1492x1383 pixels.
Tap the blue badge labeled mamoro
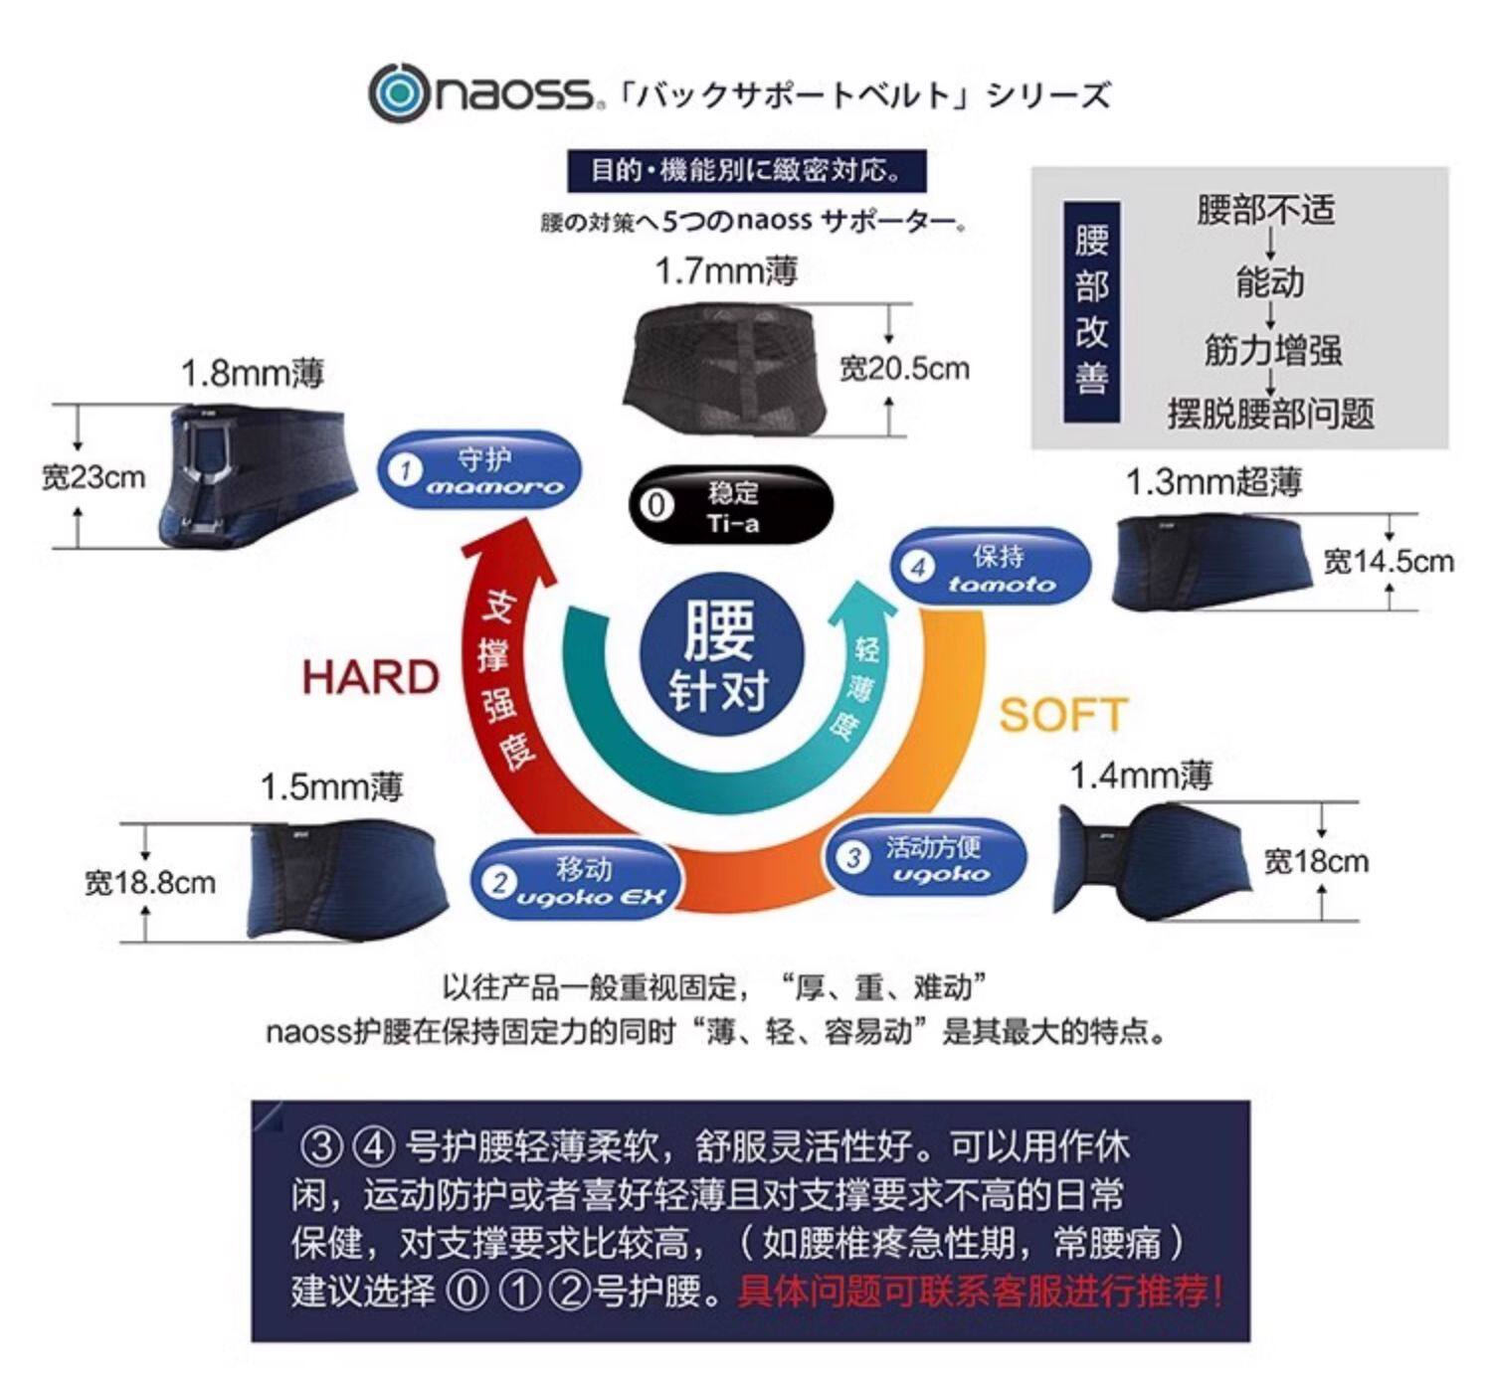(479, 470)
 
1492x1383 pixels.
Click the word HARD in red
(370, 678)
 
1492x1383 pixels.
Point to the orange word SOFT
(1062, 715)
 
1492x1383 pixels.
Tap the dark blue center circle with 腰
(718, 657)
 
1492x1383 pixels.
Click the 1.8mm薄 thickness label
(252, 374)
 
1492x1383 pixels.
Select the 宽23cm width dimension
(93, 478)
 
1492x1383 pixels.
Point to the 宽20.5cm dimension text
(904, 369)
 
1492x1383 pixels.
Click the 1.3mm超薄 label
(1213, 483)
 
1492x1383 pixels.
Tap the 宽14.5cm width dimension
(1388, 562)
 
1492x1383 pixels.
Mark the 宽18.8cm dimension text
(149, 882)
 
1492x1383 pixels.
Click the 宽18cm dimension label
(1315, 861)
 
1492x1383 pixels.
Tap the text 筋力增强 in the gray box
(1272, 350)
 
